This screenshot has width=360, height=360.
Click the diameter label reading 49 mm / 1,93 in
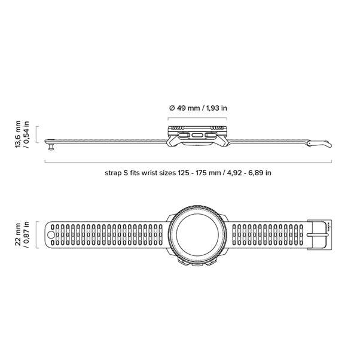tap(198, 108)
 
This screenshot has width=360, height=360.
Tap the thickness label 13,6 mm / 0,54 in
tap(22, 135)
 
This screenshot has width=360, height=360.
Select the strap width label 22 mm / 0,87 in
tap(22, 234)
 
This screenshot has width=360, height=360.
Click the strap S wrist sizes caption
tap(188, 173)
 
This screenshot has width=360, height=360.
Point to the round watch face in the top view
tap(197, 235)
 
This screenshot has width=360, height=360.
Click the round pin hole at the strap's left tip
tap(51, 235)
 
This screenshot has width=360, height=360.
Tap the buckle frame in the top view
tap(308, 235)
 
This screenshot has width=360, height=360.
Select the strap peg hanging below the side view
tap(51, 147)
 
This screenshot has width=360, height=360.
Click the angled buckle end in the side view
tap(319, 144)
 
